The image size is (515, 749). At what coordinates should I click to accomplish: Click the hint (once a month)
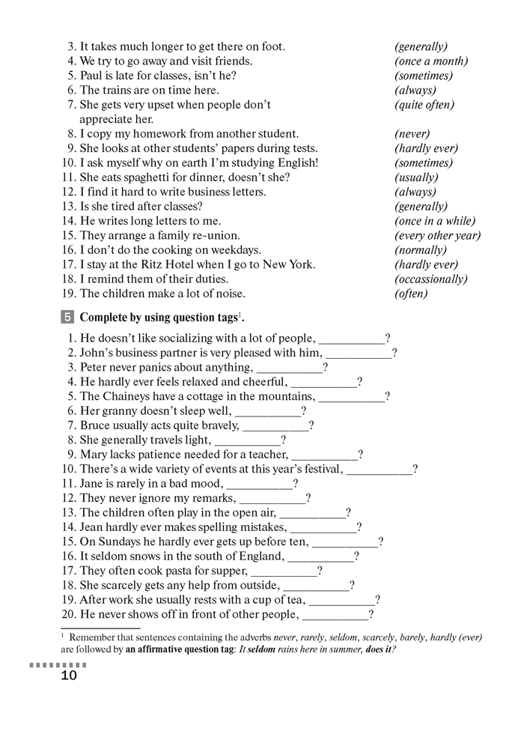pyautogui.click(x=430, y=61)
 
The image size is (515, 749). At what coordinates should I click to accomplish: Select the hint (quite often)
pyautogui.click(x=424, y=105)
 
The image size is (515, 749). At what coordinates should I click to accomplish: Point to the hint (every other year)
pyautogui.click(x=437, y=236)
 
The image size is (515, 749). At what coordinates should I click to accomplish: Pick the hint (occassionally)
pyautogui.click(x=430, y=279)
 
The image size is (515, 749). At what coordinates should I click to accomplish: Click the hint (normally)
pyautogui.click(x=420, y=250)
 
